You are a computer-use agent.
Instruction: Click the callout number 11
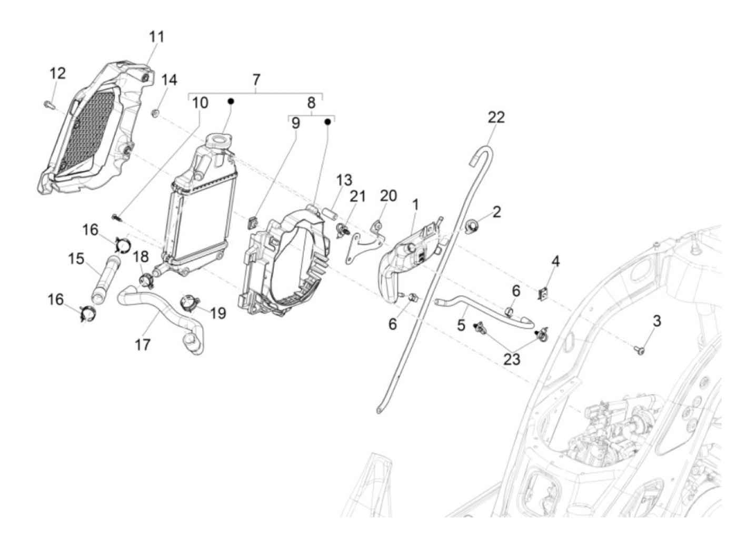click(156, 37)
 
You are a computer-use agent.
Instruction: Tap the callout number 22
click(496, 117)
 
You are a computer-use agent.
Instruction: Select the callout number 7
click(256, 80)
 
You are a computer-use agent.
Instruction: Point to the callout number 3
click(656, 321)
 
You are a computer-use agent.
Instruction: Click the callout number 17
click(142, 344)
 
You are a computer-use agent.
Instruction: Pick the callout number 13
click(344, 180)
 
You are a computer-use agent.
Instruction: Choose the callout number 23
click(511, 359)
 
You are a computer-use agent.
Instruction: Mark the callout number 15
click(76, 259)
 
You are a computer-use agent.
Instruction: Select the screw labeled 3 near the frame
click(639, 349)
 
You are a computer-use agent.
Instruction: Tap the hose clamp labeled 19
click(188, 303)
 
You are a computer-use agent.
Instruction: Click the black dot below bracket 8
click(327, 122)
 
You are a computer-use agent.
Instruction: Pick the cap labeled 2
click(472, 226)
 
